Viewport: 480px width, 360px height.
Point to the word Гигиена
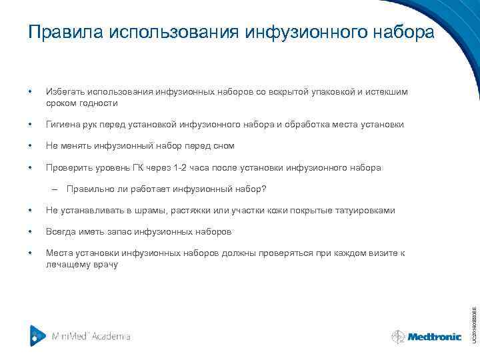coord(63,125)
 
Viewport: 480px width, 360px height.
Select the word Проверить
coord(65,167)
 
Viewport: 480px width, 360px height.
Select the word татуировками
coord(366,211)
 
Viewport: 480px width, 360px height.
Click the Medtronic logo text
coord(435,337)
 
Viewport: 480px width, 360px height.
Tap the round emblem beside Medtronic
coord(398,337)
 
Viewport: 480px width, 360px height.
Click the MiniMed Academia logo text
coord(91,336)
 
